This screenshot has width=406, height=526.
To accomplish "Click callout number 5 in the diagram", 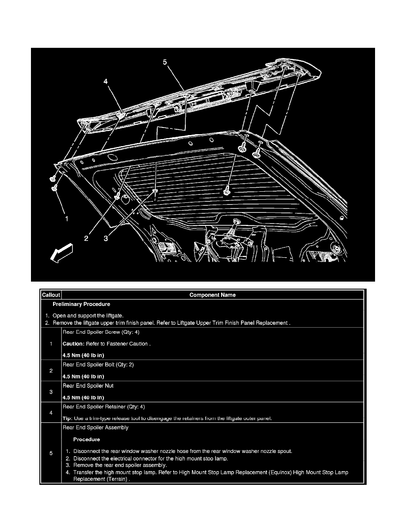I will (x=165, y=62).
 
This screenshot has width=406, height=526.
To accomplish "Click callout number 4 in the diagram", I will (x=106, y=81).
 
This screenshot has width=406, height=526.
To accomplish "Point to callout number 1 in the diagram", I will (x=66, y=218).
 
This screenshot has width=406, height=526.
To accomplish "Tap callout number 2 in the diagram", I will (x=87, y=239).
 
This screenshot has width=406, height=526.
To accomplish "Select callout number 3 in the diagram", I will (x=106, y=239).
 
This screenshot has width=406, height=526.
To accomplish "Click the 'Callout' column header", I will (x=51, y=295).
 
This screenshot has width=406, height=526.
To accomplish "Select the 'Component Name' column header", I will (x=212, y=295).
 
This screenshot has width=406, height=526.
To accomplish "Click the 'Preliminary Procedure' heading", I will (x=81, y=305).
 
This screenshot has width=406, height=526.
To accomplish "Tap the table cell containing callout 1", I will (x=51, y=344).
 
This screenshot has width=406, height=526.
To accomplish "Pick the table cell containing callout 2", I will (x=51, y=371).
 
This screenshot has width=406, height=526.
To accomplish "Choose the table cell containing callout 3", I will (x=51, y=392).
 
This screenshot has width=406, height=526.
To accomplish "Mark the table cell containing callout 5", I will (x=51, y=453).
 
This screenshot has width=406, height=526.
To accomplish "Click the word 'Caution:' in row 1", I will (x=74, y=344).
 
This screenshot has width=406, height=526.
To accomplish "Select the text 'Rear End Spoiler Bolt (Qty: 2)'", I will (x=98, y=365).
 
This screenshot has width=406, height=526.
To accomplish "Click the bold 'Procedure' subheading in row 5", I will (x=87, y=440).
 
